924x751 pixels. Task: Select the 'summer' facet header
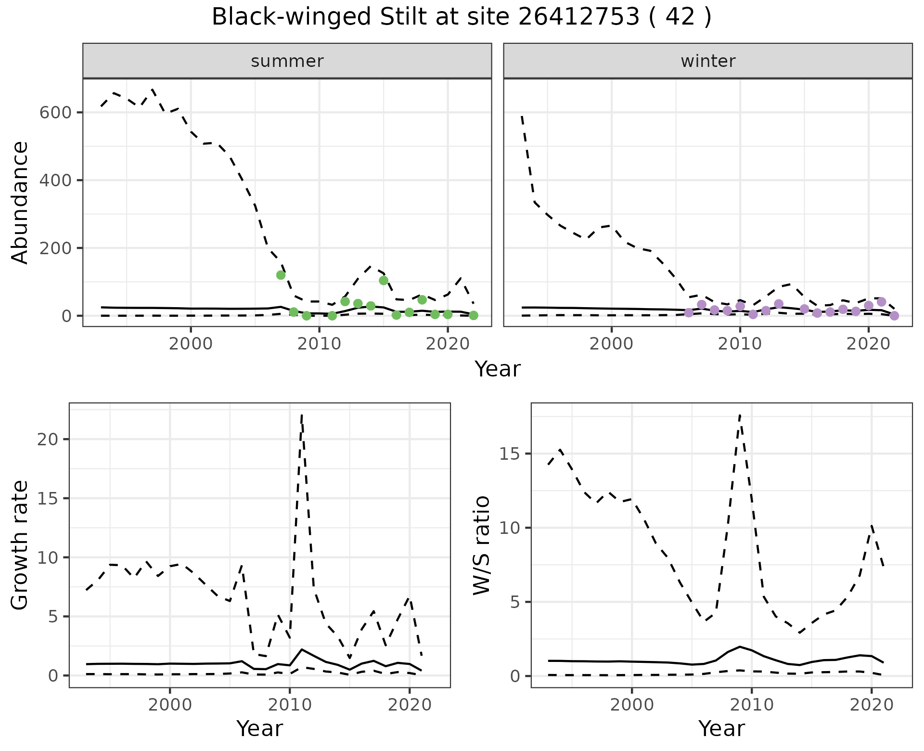(x=287, y=61)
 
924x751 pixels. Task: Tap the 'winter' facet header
(x=708, y=61)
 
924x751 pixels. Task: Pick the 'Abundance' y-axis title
(x=20, y=202)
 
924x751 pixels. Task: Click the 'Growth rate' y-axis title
(x=20, y=545)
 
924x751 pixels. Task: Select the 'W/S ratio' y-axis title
(x=482, y=545)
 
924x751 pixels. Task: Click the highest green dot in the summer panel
(x=281, y=275)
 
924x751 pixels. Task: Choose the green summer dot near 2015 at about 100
(x=384, y=280)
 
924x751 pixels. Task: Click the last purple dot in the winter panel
(x=894, y=316)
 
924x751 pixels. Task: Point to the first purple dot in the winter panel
(x=689, y=312)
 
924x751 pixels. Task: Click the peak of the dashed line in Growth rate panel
(x=301, y=414)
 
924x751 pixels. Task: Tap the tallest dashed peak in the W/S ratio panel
(x=740, y=414)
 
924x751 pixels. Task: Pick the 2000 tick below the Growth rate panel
(x=170, y=705)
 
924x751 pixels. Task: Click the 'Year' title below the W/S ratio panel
(x=721, y=729)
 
